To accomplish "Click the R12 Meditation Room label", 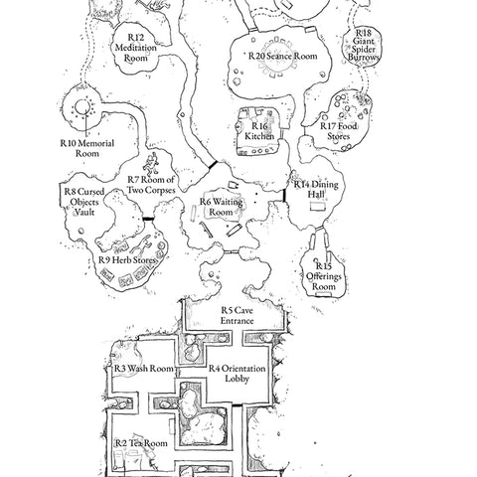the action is pos(136,48).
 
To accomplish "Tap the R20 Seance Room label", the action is pos(283,56).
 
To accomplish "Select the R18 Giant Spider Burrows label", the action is pos(364,45).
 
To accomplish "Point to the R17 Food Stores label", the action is pos(339,131).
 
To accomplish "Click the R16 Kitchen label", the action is pos(259,131).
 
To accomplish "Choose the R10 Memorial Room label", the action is pos(87,148).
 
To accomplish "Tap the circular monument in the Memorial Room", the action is pos(81,107).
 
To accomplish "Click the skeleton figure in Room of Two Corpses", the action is pos(151,164).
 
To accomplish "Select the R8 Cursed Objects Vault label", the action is pos(84,202).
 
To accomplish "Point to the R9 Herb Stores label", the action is pos(127,260).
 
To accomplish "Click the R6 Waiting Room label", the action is pos(221,207).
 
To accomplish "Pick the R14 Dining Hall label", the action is pos(316,189).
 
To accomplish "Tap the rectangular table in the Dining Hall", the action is pos(317,207).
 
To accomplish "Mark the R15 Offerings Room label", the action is pos(324,276).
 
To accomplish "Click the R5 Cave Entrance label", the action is pos(238,316).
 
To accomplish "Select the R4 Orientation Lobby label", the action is pos(237,374).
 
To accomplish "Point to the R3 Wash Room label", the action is pos(144,369).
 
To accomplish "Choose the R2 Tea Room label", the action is pos(141,443).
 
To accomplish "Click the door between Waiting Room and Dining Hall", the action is pos(284,195).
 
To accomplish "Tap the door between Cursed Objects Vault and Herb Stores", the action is pos(148,219).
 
